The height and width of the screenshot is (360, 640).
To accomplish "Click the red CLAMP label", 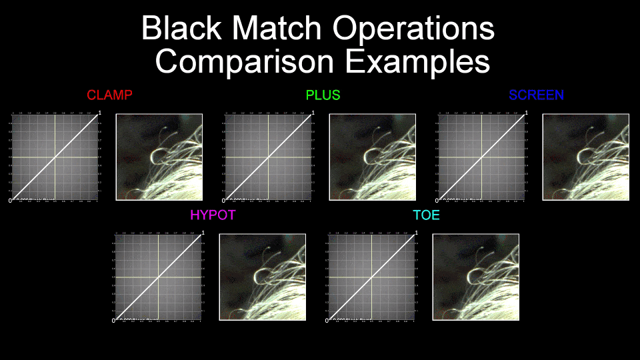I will tap(109, 95).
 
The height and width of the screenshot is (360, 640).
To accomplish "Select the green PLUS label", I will tap(323, 95).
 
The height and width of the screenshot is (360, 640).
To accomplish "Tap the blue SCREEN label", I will tap(536, 95).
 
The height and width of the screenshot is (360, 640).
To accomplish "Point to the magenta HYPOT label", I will tap(213, 215).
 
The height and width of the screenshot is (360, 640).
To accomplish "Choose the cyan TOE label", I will tap(426, 215).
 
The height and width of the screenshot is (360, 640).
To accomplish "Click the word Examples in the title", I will tap(417, 61).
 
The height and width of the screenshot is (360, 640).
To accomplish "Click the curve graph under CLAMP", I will tap(55, 157).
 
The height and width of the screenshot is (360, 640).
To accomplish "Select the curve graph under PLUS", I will tap(269, 157).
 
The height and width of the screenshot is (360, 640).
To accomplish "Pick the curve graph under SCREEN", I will tap(482, 157).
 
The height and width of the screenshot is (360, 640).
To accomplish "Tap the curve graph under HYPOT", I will tap(159, 277).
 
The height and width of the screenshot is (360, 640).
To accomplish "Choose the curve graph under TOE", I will tap(372, 277).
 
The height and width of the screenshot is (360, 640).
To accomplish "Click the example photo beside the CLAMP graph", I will tap(159, 157).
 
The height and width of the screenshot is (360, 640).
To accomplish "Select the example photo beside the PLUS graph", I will tap(372, 157).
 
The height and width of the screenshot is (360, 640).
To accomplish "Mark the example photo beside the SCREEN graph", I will tap(585, 157).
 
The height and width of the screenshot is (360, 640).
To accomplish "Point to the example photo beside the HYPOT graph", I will tap(262, 277).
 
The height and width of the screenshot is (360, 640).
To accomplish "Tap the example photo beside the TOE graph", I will tap(475, 277).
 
